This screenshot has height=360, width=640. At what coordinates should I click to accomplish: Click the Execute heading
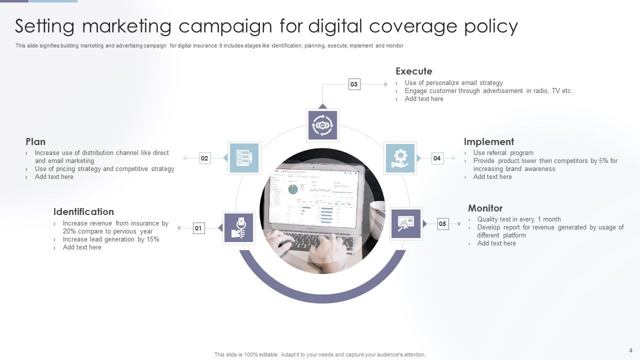(x=413, y=71)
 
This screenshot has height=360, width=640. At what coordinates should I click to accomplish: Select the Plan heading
(x=35, y=141)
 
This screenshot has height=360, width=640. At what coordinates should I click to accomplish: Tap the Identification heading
(x=83, y=211)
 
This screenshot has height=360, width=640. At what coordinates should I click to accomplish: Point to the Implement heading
(x=488, y=141)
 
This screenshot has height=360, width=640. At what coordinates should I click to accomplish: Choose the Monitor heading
(x=485, y=208)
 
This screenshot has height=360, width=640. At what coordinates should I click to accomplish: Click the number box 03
(x=354, y=84)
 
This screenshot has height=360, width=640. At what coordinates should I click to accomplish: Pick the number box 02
(x=204, y=158)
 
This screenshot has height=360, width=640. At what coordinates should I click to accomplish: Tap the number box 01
(x=198, y=228)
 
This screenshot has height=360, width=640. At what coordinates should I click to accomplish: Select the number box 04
(x=437, y=158)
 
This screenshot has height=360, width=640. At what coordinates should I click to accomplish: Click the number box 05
(x=442, y=224)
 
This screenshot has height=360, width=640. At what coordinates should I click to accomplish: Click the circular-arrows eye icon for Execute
(x=322, y=125)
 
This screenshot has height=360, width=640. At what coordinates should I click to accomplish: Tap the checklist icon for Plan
(x=244, y=158)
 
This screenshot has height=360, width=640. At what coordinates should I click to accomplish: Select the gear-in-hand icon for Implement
(x=400, y=158)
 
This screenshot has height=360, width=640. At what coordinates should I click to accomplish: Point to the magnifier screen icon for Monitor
(x=405, y=223)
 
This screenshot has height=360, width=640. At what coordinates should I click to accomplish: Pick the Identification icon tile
(x=238, y=228)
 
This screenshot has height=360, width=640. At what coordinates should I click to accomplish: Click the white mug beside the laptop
(x=377, y=215)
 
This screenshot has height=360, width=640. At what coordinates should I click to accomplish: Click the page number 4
(x=630, y=350)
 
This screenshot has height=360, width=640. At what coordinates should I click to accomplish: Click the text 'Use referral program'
(x=503, y=153)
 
